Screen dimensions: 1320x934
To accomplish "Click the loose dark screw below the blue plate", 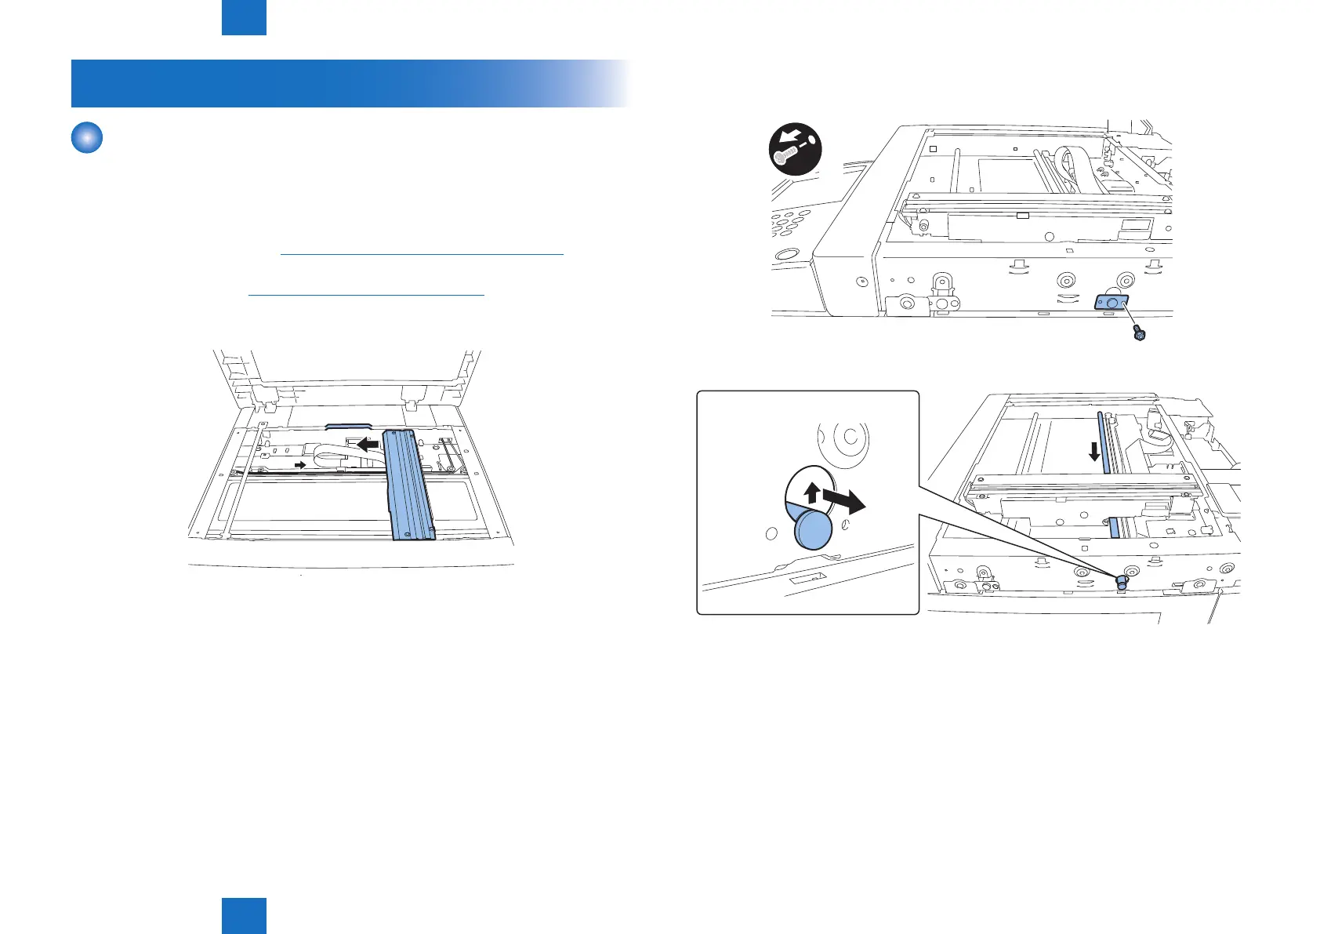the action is coord(1140,336).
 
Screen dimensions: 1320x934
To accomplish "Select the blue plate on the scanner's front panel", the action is coord(1111,301).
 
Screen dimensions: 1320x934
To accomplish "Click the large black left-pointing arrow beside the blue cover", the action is coord(368,445).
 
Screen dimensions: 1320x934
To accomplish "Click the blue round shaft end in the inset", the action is coord(812,529).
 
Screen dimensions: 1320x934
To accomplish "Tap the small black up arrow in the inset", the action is coord(812,494).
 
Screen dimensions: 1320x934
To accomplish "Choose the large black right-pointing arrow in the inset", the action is coord(844,500).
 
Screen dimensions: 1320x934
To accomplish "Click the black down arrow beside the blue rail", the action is coord(1095,452).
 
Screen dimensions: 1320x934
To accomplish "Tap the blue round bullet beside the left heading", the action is coord(87,138).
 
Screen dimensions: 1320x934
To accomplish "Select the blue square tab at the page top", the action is coord(244,17).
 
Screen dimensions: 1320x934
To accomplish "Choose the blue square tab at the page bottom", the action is coord(244,915).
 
